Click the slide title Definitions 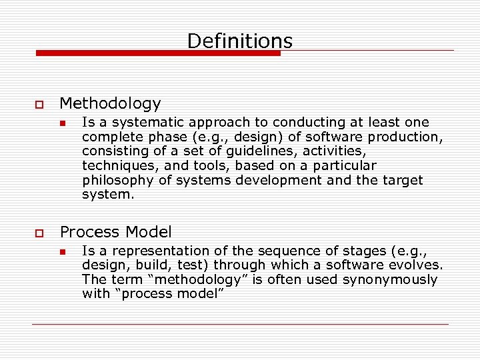(239, 41)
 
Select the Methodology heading (110, 103)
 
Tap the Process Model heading (115, 232)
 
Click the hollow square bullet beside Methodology (37, 105)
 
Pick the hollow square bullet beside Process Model (37, 233)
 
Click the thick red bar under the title (158, 53)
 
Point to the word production (407, 137)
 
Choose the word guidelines (257, 151)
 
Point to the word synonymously (390, 280)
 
